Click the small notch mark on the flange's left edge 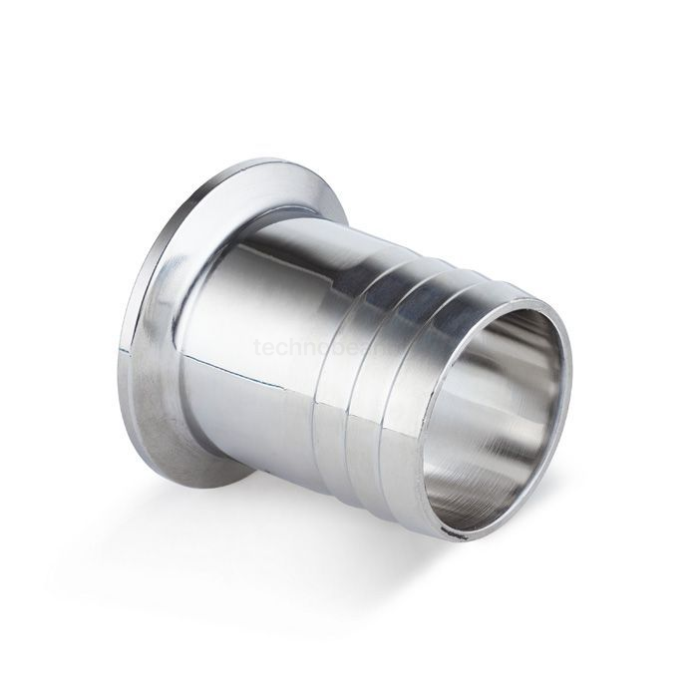coord(123,350)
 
